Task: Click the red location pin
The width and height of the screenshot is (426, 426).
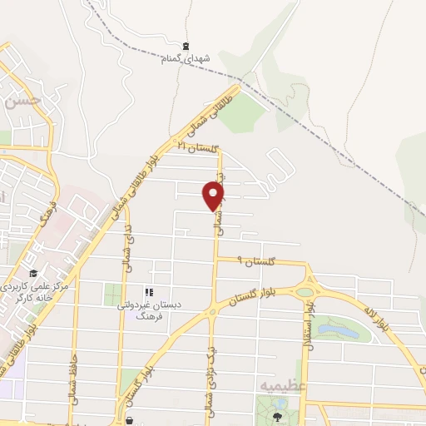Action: (x=214, y=196)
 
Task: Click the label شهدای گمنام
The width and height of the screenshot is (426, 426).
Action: (x=186, y=58)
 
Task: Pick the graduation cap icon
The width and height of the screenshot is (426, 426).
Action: (x=32, y=274)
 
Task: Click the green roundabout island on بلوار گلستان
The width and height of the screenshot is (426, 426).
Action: (x=305, y=292)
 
